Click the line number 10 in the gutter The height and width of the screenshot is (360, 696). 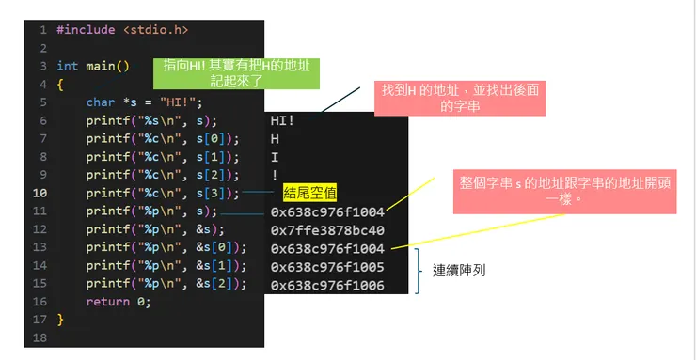tap(41, 194)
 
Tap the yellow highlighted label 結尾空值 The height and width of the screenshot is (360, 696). tap(309, 194)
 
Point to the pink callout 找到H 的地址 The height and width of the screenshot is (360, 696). tap(460, 98)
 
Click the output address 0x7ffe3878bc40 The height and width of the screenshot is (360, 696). tap(327, 230)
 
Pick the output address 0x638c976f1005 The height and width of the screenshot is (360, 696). tap(327, 267)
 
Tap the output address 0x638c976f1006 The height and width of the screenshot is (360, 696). tap(327, 286)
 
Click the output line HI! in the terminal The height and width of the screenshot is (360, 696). tap(282, 120)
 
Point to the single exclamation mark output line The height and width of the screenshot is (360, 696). tap(275, 176)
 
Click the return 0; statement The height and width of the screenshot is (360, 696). tap(118, 302)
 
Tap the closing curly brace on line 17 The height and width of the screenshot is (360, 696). tap(60, 320)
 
